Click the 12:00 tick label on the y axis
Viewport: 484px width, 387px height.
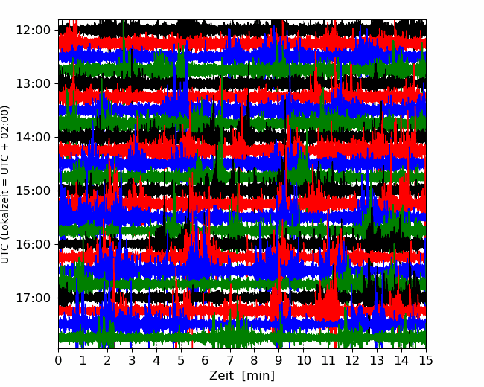[34, 31]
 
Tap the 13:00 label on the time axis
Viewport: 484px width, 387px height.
[34, 83]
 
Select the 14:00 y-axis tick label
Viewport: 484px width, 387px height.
[34, 138]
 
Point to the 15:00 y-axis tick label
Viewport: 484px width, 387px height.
[34, 191]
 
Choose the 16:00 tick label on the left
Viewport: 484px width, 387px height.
[34, 244]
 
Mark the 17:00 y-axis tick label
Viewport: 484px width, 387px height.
[34, 298]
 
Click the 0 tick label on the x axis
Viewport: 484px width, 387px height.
[58, 360]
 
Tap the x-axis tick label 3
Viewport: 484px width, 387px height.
[132, 360]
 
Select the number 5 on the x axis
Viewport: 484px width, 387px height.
[181, 360]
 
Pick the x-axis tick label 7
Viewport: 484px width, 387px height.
[230, 360]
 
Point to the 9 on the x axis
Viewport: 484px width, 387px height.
[278, 360]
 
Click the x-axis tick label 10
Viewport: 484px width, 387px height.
[303, 360]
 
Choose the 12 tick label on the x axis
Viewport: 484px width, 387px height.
[352, 360]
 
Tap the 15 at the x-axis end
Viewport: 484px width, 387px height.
[426, 360]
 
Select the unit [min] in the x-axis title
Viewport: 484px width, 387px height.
[258, 376]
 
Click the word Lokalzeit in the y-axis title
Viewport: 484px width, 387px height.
[5, 220]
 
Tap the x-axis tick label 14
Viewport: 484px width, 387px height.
[401, 360]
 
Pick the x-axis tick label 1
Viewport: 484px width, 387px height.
[83, 360]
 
